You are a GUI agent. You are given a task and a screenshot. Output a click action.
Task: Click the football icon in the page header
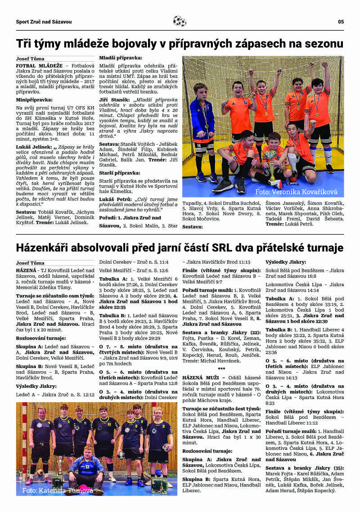click(180, 21)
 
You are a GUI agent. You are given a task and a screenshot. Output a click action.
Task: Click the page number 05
click(341, 22)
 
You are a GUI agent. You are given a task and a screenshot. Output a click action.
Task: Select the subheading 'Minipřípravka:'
click(34, 100)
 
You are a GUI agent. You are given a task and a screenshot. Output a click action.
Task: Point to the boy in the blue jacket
click(201, 121)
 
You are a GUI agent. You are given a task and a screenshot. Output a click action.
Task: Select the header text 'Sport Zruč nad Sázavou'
click(44, 22)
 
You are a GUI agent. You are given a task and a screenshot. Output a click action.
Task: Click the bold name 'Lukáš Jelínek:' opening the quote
click(34, 147)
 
